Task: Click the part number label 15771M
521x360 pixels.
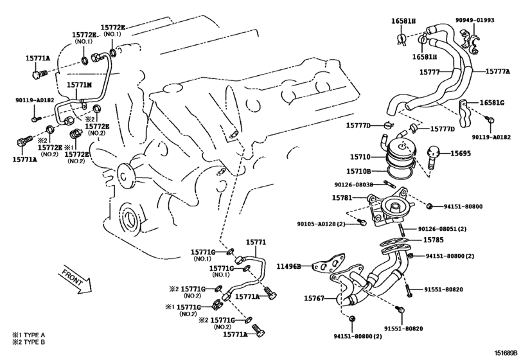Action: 80,85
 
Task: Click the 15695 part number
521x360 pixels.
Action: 461,153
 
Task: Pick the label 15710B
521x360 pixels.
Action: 360,172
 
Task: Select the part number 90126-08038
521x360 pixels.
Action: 352,184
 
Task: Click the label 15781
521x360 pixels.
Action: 342,197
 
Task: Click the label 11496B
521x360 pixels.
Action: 289,265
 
